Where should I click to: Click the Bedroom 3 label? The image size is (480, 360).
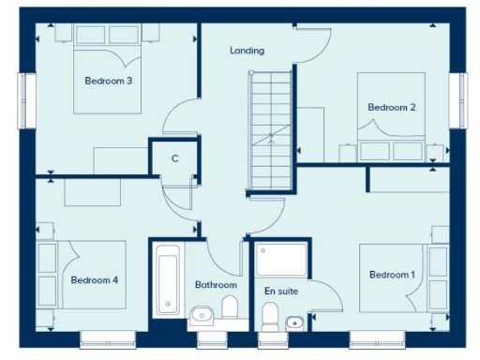tap(108, 82)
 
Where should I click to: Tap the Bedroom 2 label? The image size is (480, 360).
tap(391, 108)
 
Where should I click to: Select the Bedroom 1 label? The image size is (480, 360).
tap(391, 275)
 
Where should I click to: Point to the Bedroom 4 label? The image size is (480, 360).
tap(94, 279)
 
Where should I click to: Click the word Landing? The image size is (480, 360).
tap(247, 51)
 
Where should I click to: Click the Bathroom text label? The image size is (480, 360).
tap(216, 285)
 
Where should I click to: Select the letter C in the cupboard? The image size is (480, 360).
tap(174, 158)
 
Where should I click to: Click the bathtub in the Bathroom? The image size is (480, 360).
tap(169, 278)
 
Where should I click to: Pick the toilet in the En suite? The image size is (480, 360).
tap(270, 315)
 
